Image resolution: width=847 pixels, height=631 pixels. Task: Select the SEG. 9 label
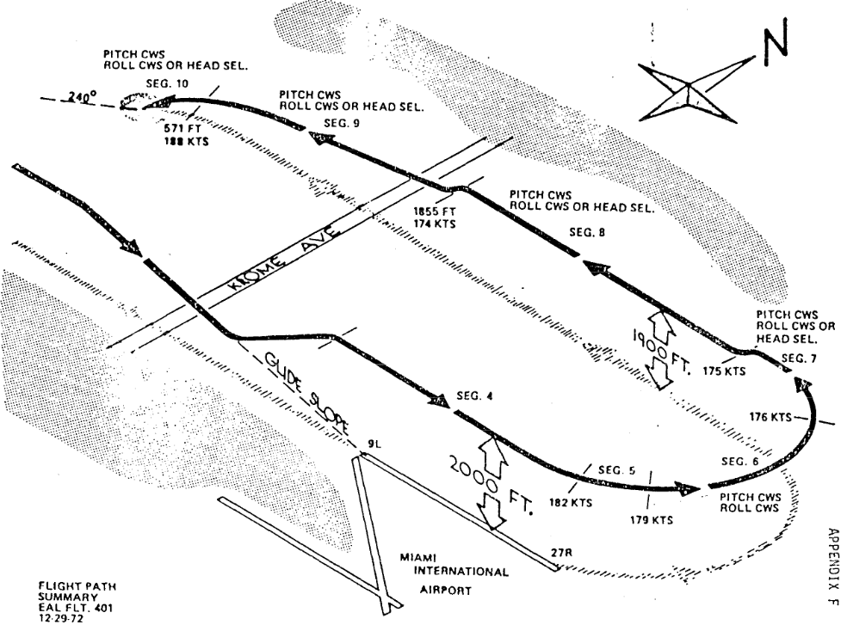(x=338, y=123)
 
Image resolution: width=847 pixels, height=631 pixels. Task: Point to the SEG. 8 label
(x=589, y=231)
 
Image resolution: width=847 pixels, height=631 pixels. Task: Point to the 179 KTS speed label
(x=651, y=520)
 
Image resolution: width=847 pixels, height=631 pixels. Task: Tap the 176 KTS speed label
(x=769, y=417)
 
